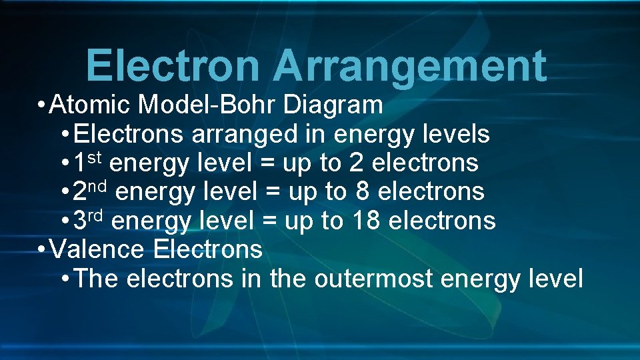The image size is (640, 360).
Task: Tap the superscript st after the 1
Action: [x=96, y=157]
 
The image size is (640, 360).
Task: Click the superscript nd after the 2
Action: [x=100, y=186]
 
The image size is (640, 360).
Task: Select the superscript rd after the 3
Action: [x=97, y=215]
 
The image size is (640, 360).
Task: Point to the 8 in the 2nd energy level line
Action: [x=363, y=192]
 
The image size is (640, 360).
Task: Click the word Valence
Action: [x=97, y=250]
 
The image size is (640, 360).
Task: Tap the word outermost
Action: [x=374, y=279]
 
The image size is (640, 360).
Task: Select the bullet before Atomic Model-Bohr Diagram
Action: [x=42, y=105]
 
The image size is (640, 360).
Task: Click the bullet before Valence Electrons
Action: [x=42, y=250]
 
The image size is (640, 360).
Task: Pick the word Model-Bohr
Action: [x=209, y=105]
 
